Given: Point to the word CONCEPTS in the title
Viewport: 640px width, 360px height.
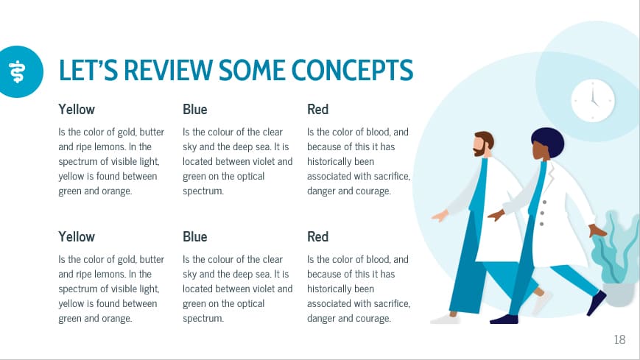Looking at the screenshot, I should (352, 70).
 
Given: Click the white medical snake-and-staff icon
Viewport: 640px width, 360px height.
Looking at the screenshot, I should (15, 71).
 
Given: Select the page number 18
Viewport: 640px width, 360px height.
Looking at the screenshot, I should (619, 339).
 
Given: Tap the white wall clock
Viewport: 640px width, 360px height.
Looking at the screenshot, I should (593, 101).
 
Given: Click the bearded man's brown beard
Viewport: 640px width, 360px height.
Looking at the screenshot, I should (479, 150).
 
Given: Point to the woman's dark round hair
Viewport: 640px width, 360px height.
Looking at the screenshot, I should (546, 140).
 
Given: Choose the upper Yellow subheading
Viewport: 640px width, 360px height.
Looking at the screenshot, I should (77, 110).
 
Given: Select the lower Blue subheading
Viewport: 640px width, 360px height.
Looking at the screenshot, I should (195, 237).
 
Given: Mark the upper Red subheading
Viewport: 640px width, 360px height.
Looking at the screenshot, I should (317, 110).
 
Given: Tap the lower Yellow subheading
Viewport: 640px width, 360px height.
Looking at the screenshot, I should (77, 237).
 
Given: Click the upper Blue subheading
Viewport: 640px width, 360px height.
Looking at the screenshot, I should (195, 110).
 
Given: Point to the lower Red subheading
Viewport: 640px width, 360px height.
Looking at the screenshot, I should (317, 237).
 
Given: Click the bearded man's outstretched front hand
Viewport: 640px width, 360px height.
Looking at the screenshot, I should (440, 216).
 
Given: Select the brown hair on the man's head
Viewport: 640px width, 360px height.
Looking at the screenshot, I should (485, 137).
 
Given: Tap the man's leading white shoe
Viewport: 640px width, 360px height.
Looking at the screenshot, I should (444, 320).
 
